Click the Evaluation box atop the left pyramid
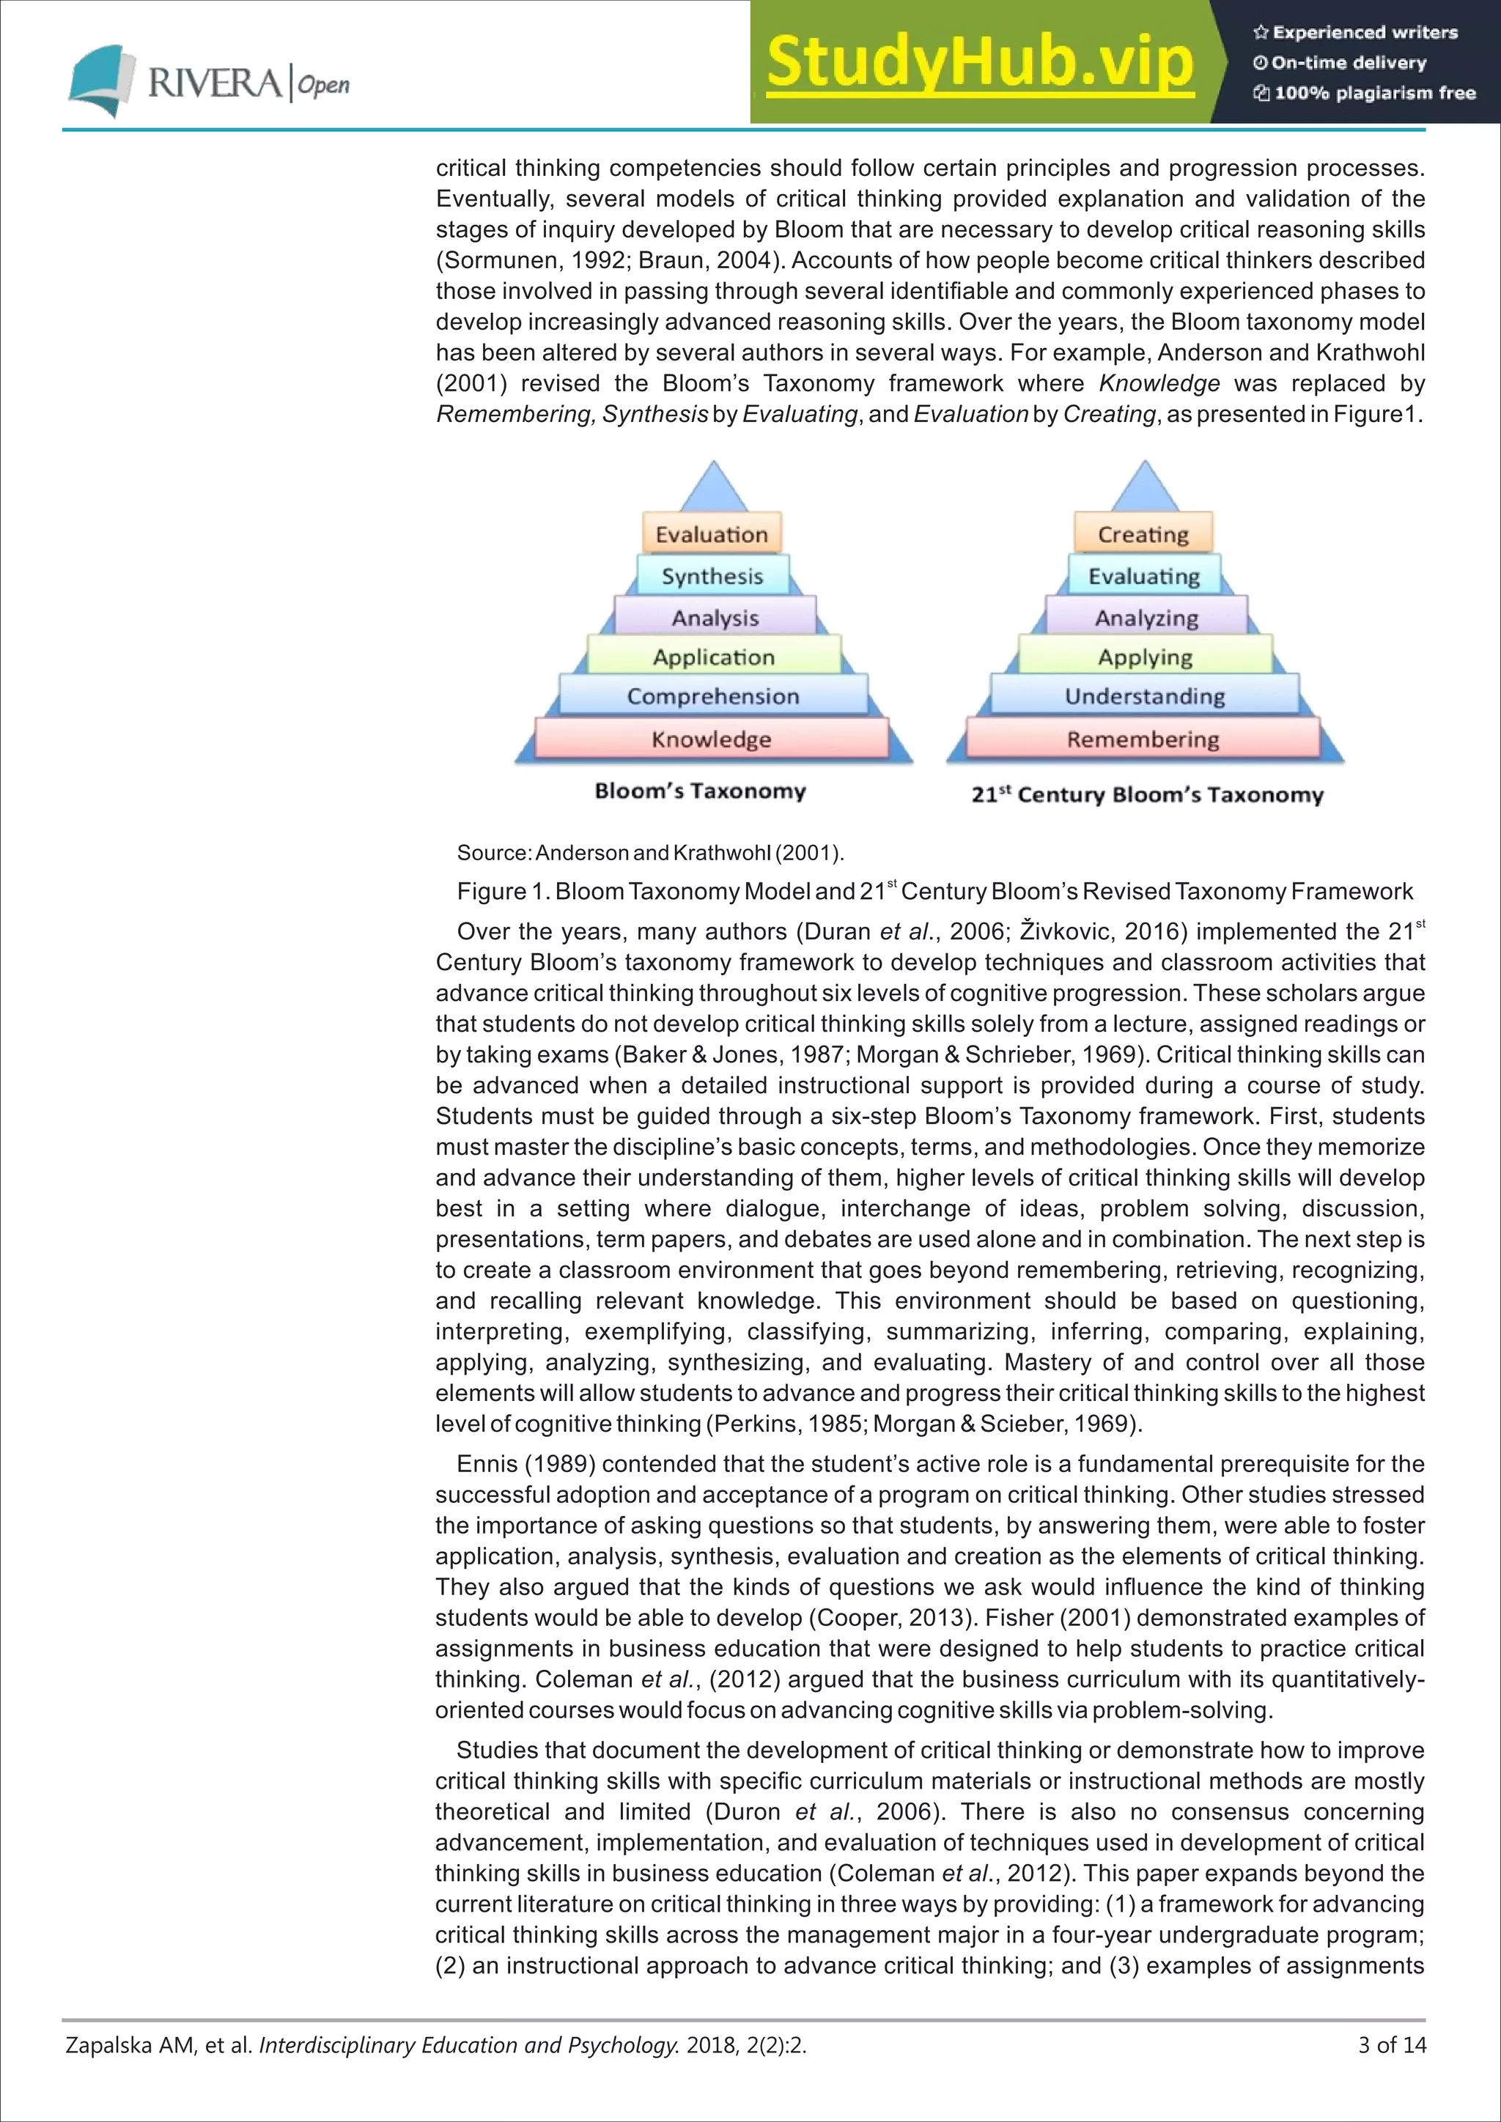click(712, 534)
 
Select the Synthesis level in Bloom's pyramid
click(712, 576)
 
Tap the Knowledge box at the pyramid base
click(711, 739)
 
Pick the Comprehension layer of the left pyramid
click(712, 696)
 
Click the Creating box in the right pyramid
click(1143, 534)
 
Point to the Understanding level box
click(1144, 696)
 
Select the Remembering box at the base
click(1143, 739)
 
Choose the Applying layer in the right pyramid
click(1144, 657)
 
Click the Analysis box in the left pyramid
click(715, 618)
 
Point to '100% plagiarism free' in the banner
click(1374, 92)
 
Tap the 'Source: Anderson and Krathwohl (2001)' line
click(650, 852)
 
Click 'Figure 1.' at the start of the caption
click(503, 892)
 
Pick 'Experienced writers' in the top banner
click(1364, 32)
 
